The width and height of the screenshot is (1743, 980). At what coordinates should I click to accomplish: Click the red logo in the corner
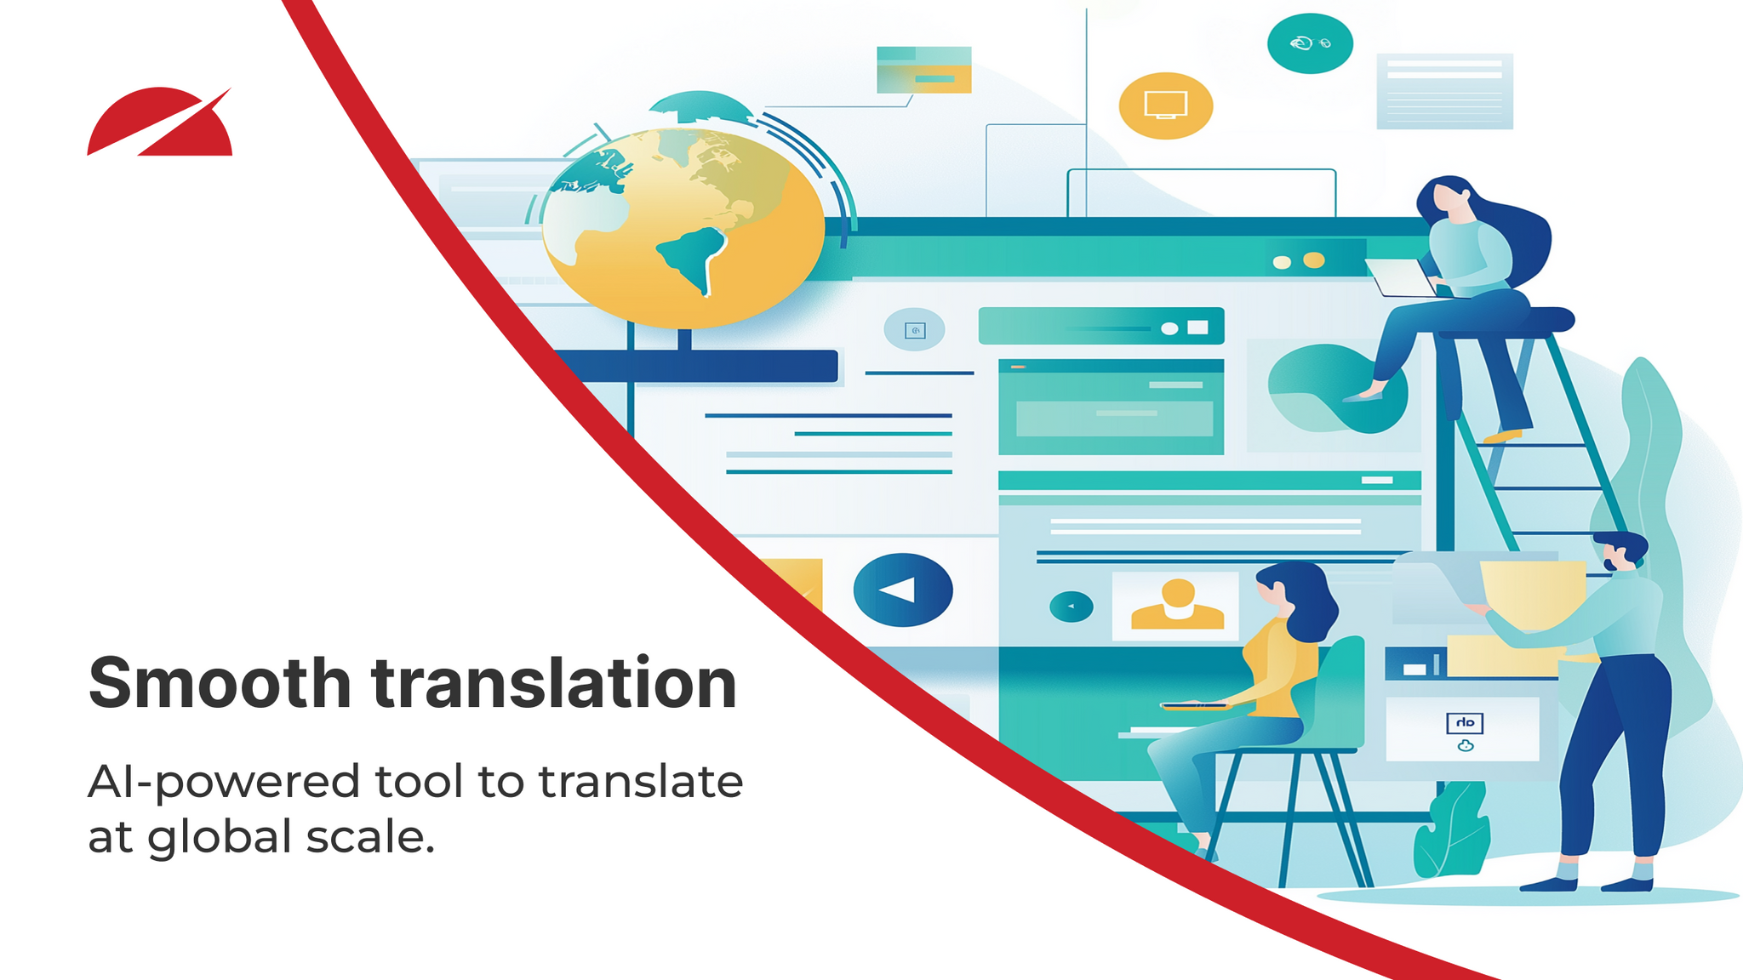tap(160, 123)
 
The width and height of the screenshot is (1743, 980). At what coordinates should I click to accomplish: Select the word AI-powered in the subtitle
tap(224, 783)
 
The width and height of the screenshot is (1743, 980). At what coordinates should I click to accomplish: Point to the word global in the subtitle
tap(220, 837)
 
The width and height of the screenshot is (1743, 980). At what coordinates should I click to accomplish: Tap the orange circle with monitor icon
tap(1165, 105)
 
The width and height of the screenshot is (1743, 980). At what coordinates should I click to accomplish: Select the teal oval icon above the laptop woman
tap(1309, 43)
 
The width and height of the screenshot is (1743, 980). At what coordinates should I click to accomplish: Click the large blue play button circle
tap(902, 590)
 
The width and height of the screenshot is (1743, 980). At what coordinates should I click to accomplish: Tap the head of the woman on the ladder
tap(1449, 200)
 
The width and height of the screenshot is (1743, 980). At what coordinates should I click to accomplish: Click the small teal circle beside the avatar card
tap(1071, 607)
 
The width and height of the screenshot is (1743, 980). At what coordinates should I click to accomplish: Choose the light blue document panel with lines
tap(1444, 91)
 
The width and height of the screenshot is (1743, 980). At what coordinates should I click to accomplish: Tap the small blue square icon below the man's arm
tap(1464, 723)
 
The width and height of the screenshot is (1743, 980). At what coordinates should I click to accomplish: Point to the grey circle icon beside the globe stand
tap(914, 330)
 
